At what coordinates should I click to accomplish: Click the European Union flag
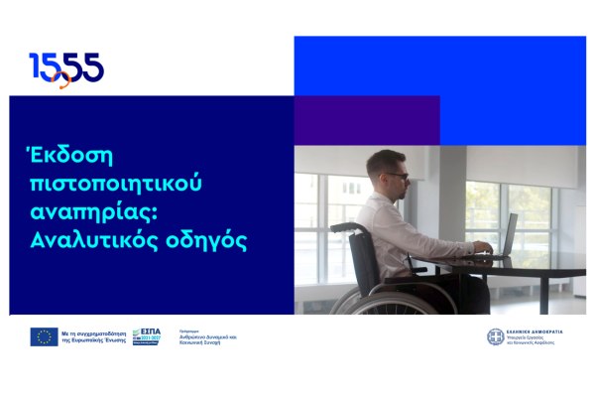click(x=44, y=336)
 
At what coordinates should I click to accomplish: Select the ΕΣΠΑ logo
click(x=146, y=336)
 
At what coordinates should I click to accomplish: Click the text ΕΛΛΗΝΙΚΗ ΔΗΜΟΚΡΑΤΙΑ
click(x=536, y=331)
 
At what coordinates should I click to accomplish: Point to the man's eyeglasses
click(x=396, y=175)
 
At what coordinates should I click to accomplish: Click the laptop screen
click(x=510, y=234)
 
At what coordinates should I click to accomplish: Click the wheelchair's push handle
click(x=340, y=227)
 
